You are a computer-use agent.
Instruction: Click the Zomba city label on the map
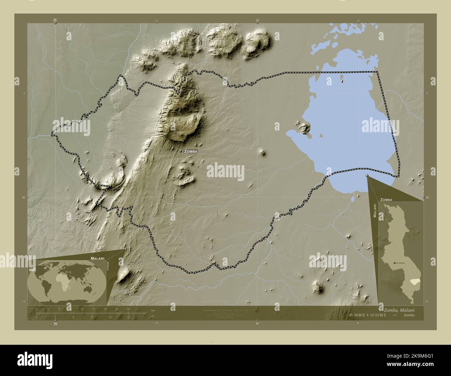[191, 152]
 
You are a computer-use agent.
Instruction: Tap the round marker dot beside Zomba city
[181, 152]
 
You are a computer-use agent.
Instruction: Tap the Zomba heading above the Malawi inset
[386, 200]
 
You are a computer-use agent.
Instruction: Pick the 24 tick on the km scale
[128, 308]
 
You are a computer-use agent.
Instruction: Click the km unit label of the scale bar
[153, 310]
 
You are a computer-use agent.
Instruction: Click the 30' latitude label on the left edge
[24, 197]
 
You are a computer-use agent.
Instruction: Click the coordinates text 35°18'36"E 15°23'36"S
[373, 315]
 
